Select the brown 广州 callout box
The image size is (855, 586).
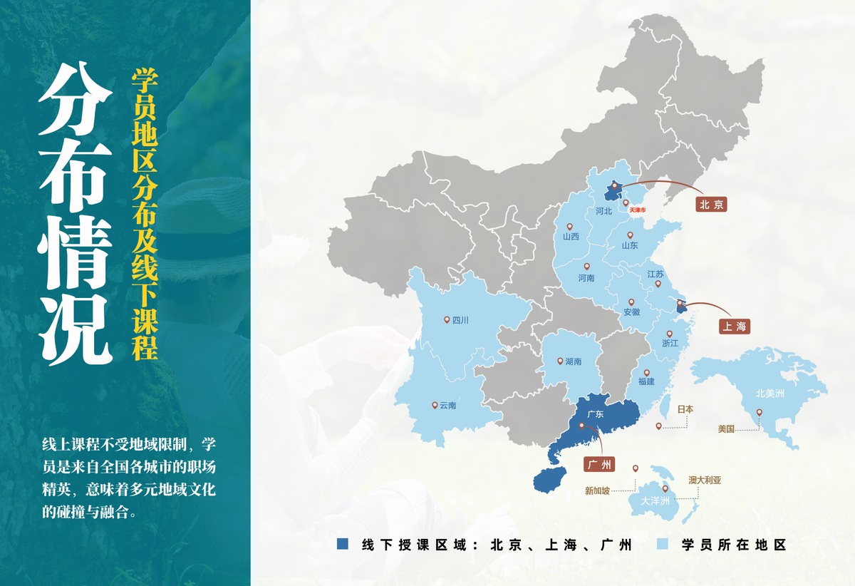tap(598, 465)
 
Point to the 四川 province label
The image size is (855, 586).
tap(460, 321)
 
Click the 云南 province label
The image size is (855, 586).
tap(447, 406)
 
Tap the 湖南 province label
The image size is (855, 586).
tap(573, 361)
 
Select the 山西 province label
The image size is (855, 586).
tap(571, 237)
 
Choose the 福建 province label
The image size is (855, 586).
tap(646, 381)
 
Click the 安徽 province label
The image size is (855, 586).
tap(631, 312)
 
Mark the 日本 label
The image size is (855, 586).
tap(685, 409)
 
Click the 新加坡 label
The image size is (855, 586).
tap(597, 490)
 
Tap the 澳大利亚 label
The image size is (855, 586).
tap(705, 480)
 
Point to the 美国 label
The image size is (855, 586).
tap(726, 429)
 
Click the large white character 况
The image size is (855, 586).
tap(75, 331)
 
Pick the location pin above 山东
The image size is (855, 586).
tap(630, 235)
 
